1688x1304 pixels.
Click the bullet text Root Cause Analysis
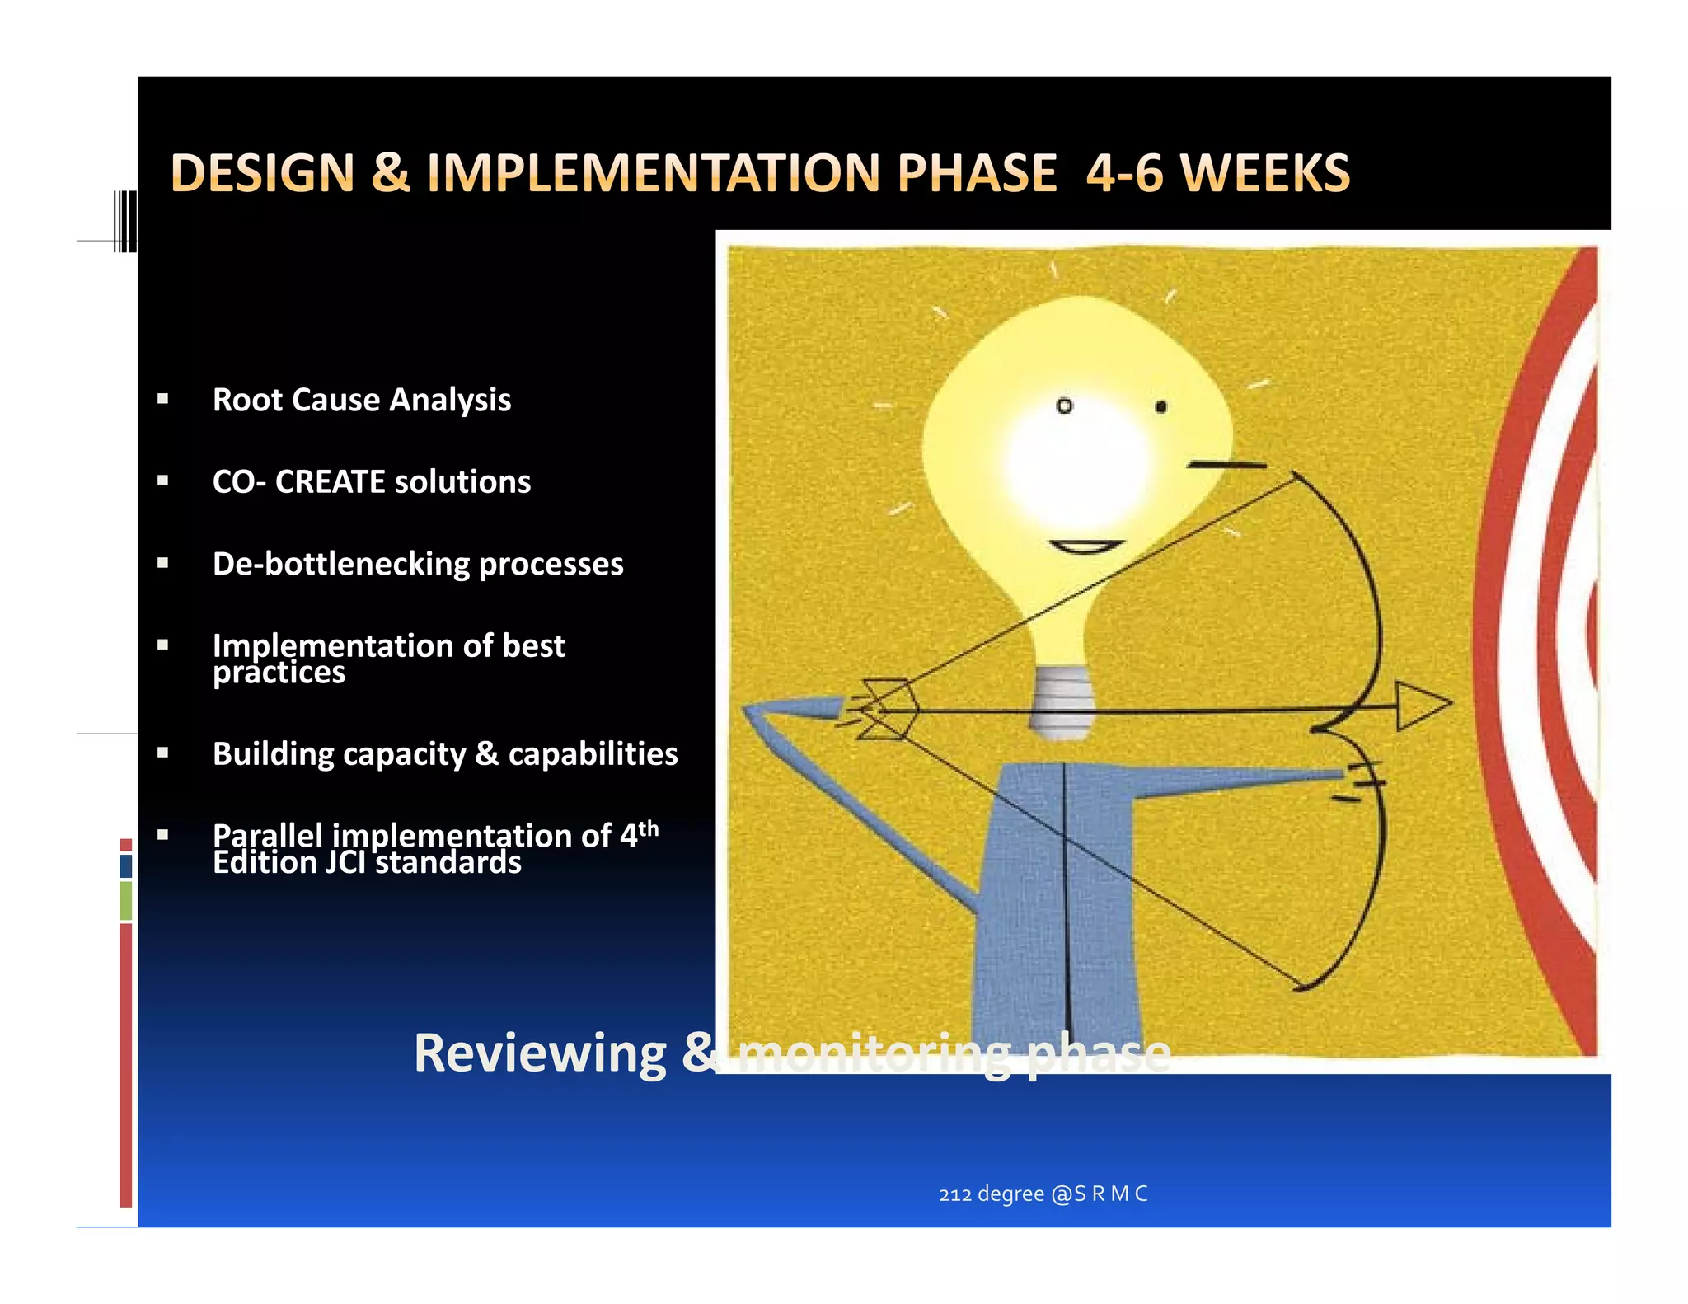coord(361,400)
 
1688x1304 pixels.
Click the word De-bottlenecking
coord(340,564)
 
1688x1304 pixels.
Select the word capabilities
coord(593,754)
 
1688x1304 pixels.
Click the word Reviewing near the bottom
coord(540,1053)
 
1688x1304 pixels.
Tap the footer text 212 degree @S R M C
coord(1043,1194)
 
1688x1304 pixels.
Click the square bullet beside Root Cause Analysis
coord(163,400)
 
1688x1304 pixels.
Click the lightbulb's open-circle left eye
coord(1064,406)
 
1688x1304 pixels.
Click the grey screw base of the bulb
coord(1062,701)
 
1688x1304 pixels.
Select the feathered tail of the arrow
coord(885,709)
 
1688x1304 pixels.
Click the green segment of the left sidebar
coord(125,900)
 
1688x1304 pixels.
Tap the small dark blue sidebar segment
coord(125,865)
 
